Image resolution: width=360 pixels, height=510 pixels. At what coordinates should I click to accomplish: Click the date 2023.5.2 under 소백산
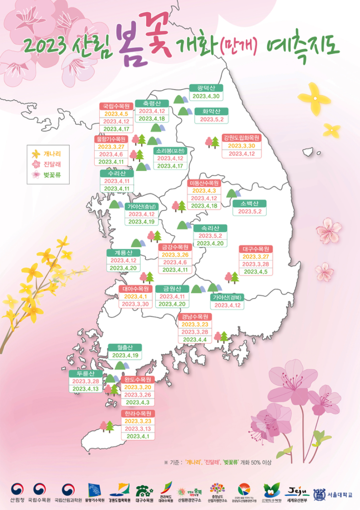[x=250, y=212]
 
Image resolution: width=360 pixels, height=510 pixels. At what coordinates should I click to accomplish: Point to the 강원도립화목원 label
[x=241, y=137]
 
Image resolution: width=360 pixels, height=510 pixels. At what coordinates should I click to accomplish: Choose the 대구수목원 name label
[x=256, y=249]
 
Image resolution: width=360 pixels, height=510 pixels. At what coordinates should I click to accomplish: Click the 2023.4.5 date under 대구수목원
[x=256, y=272]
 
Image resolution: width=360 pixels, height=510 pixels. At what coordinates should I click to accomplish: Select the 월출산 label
[x=125, y=347]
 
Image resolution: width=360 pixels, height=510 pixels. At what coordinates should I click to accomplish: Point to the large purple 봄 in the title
[x=130, y=44]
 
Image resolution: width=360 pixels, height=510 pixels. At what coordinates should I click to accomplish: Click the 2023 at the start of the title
[x=44, y=46]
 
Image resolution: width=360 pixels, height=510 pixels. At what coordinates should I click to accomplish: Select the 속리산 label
[x=210, y=228]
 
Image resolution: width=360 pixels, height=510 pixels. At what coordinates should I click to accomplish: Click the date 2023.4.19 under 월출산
[x=125, y=355]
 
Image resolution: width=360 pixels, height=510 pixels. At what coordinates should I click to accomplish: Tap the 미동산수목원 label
[x=204, y=183]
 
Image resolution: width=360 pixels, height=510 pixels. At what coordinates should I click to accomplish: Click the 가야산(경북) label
[x=228, y=297]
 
